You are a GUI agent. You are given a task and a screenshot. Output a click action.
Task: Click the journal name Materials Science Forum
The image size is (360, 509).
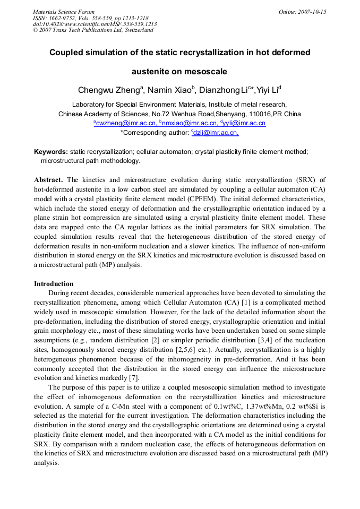(64, 12)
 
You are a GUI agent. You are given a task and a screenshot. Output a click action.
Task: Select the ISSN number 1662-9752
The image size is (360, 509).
(66, 18)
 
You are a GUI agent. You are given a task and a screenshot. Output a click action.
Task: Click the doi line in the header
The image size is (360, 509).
(95, 24)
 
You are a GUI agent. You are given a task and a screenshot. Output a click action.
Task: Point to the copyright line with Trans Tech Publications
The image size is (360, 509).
(93, 30)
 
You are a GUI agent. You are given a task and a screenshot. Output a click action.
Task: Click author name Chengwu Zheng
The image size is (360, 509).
(108, 90)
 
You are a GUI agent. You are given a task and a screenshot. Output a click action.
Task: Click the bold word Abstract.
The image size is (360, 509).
(48, 180)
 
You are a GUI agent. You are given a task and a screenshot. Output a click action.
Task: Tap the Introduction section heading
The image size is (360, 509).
(54, 283)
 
